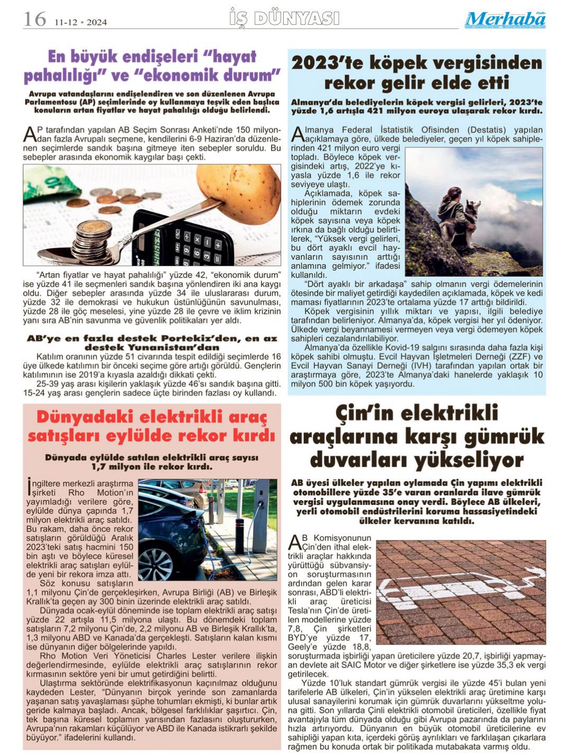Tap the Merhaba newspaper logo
505,20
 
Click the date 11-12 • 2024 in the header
80,22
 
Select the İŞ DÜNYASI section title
284,19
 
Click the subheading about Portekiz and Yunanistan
152,343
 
